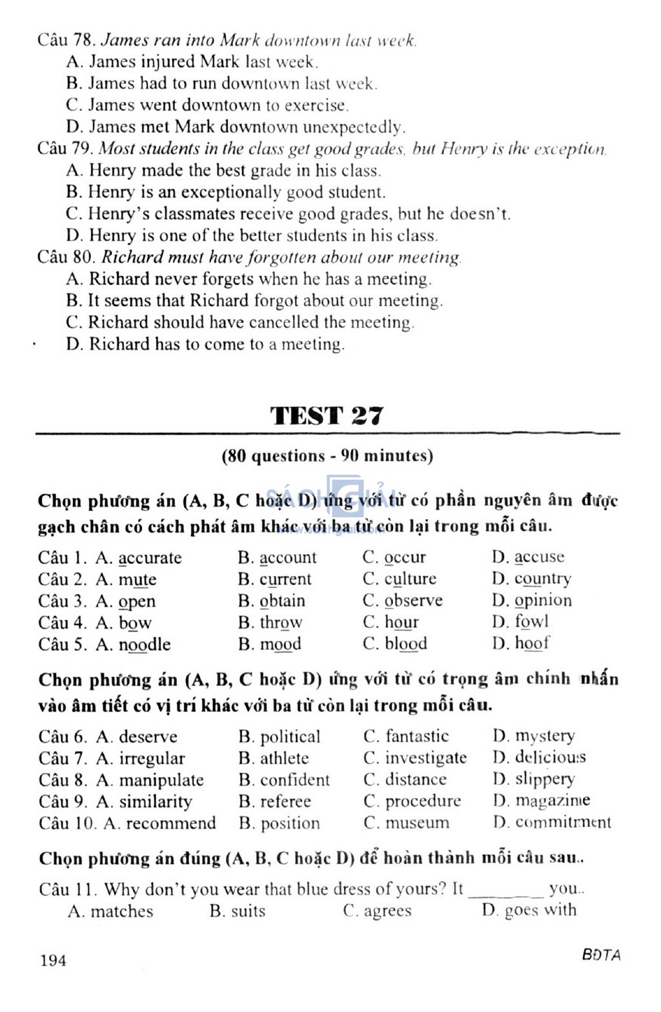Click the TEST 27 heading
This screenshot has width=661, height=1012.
(x=327, y=415)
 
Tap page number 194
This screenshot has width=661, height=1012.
(x=53, y=960)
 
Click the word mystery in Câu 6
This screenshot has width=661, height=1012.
(x=544, y=736)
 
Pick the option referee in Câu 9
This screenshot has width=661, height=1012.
(x=285, y=801)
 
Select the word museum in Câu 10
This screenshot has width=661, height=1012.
(x=417, y=823)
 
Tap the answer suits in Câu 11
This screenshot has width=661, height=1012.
(x=248, y=911)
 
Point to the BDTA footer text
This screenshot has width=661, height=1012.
(x=600, y=955)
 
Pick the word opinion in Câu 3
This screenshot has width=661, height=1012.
(x=542, y=601)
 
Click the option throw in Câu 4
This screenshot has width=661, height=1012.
(x=281, y=623)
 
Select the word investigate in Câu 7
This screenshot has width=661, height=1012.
(x=425, y=758)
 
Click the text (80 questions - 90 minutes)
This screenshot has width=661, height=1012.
(x=327, y=456)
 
